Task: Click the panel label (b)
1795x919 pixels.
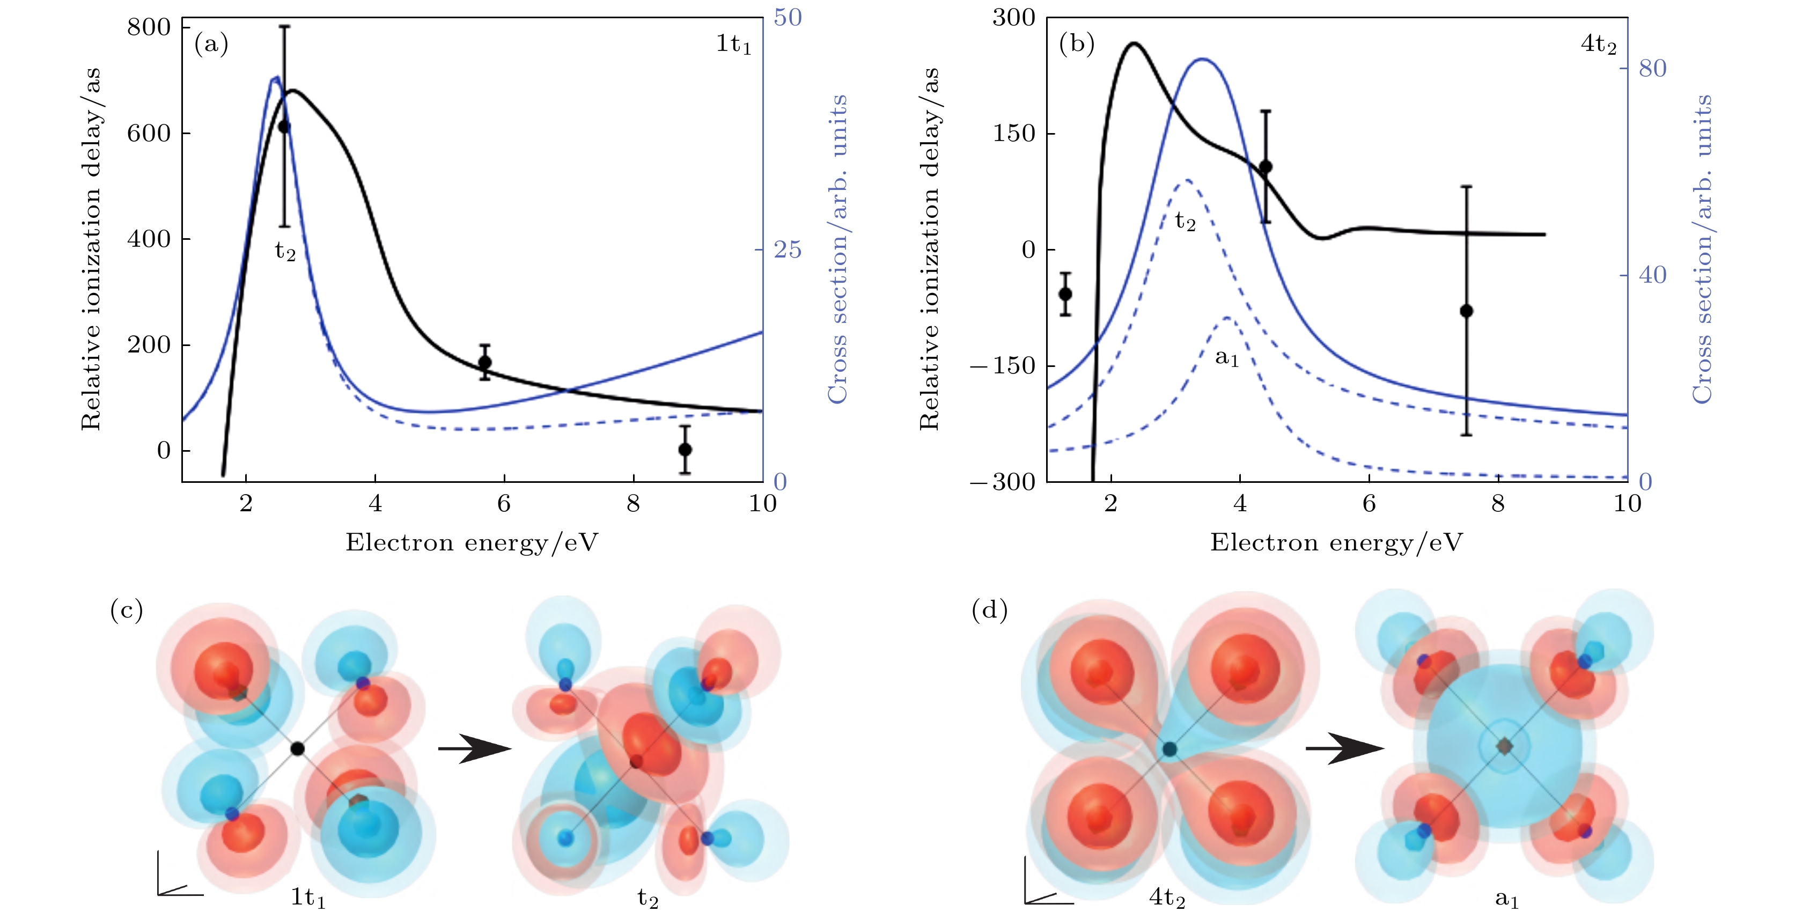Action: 1077,45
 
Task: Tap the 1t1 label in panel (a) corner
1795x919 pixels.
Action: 733,45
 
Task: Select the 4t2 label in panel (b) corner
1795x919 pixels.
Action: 1598,45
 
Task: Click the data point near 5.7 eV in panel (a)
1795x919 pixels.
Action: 485,362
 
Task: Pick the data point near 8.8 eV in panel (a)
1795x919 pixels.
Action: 685,450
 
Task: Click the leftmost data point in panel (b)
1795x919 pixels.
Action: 1065,294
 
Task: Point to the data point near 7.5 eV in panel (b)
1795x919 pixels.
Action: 1466,311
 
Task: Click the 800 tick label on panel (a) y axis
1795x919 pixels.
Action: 149,28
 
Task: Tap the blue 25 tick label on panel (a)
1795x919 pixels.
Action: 788,249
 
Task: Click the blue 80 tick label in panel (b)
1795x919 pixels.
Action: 1652,68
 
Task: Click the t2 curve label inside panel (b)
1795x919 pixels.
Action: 1185,222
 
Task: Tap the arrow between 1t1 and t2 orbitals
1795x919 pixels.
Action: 474,749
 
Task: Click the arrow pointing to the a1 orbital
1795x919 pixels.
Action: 1343,749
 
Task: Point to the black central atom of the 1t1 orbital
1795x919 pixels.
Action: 298,749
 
